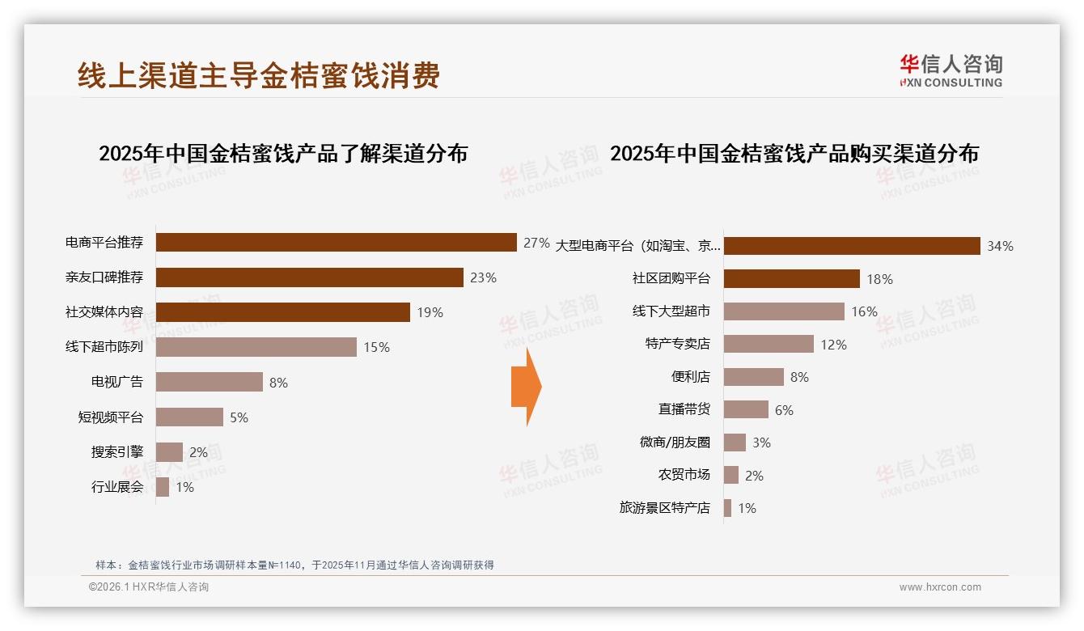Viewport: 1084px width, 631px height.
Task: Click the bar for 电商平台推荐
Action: (x=336, y=243)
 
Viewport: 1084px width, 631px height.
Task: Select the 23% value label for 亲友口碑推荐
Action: (x=483, y=277)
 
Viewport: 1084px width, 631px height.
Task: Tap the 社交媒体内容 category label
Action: (x=104, y=312)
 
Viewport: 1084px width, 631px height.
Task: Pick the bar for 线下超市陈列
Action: (x=256, y=347)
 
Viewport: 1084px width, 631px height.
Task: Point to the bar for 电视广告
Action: (x=209, y=382)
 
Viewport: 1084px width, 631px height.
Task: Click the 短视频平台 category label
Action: (x=111, y=417)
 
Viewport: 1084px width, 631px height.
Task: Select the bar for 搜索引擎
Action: (x=169, y=452)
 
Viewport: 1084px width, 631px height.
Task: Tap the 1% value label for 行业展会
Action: (x=184, y=488)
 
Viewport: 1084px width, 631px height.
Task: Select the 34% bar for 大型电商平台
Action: (x=852, y=246)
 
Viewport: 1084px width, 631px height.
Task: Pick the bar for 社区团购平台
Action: (x=791, y=279)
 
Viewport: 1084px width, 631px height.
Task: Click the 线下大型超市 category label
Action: (x=671, y=311)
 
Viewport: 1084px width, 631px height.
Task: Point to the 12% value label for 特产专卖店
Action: (x=833, y=345)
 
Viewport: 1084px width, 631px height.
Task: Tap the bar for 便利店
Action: (x=753, y=377)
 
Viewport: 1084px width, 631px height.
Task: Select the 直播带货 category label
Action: (x=684, y=409)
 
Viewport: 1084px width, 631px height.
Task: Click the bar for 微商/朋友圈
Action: (x=735, y=443)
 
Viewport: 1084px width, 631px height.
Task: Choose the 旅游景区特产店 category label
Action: (x=665, y=508)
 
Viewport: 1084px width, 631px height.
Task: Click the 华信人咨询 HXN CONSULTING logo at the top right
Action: (x=951, y=70)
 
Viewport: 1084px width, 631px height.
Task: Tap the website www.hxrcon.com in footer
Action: (x=940, y=587)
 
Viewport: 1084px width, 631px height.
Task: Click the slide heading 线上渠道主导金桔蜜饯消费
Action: (x=259, y=75)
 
